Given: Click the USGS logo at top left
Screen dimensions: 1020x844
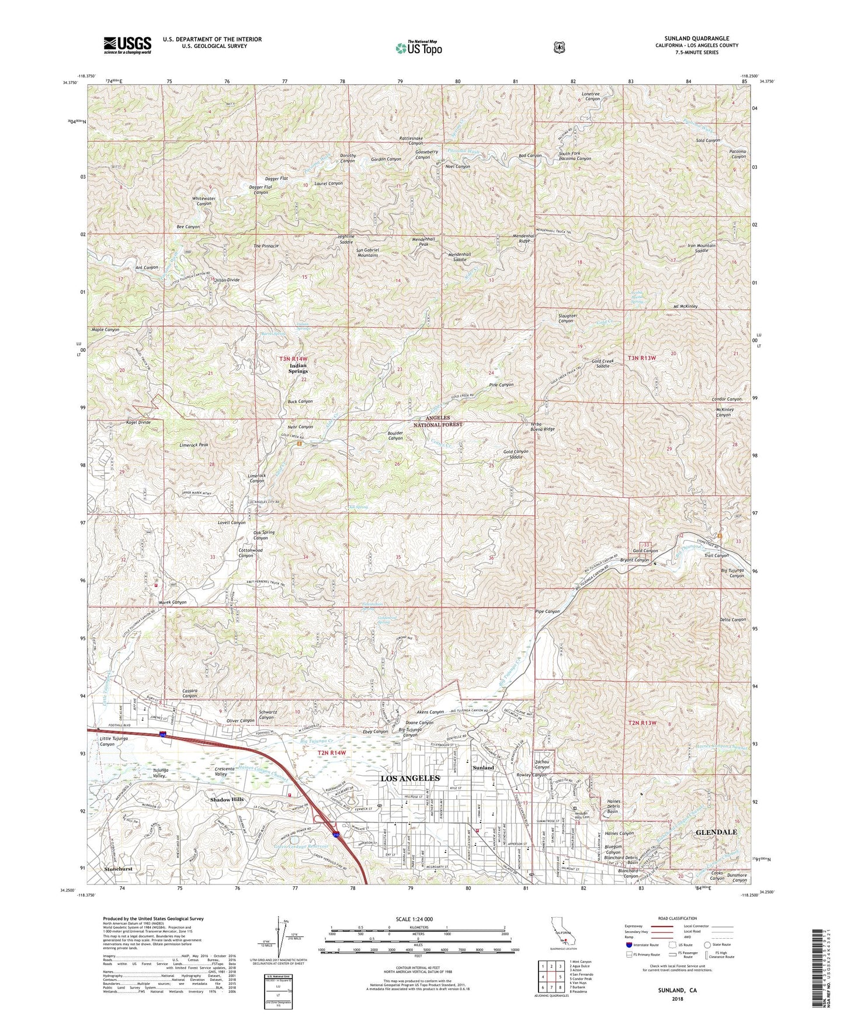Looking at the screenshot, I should pos(127,44).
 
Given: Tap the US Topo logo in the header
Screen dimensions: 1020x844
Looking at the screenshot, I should pos(417,48).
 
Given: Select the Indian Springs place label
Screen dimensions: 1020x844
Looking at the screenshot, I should pos(298,368).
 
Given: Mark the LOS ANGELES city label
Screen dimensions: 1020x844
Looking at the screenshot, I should pos(409,778).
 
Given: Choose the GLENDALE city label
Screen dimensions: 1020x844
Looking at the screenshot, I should pos(716,832).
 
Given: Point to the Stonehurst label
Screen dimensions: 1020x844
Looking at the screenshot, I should pos(118,869).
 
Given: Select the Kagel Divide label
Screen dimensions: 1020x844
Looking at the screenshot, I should pos(138,422).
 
